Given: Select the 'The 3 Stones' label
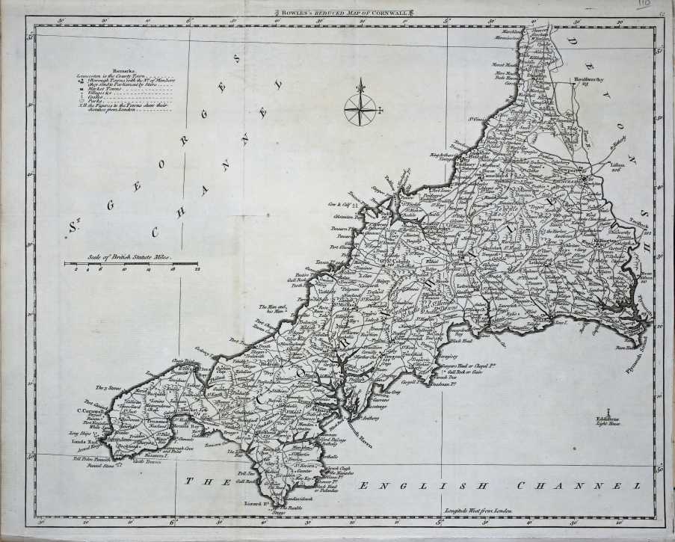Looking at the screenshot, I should tap(108, 388).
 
